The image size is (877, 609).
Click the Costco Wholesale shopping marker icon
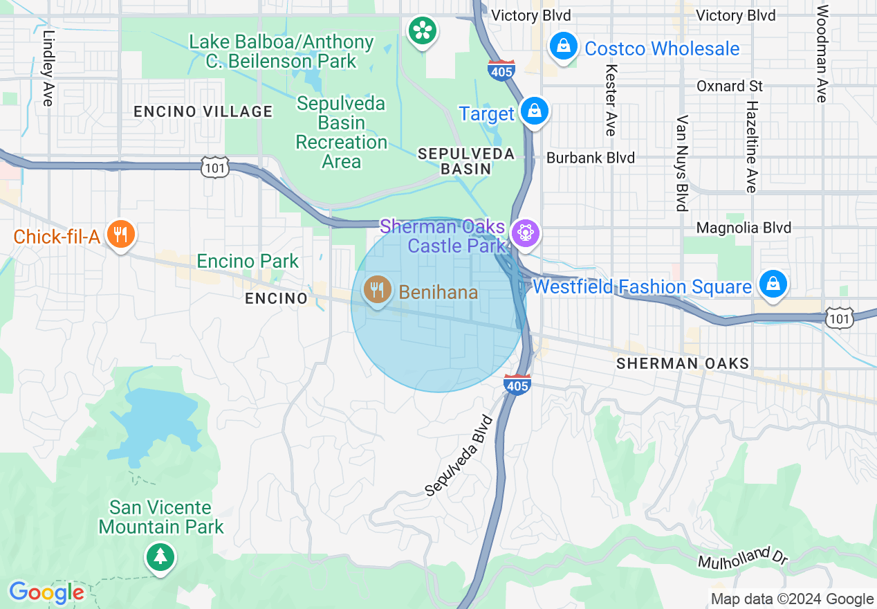tap(564, 47)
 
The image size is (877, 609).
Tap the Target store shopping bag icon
tap(535, 111)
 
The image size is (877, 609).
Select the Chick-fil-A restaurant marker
tap(120, 235)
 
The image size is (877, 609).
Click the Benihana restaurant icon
tap(377, 291)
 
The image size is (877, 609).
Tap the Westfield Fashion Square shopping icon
tap(772, 284)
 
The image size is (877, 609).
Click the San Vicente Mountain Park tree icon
tap(160, 556)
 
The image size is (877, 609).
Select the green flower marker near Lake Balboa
tap(421, 30)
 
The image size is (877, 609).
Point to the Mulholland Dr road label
tap(744, 557)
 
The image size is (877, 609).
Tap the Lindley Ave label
tap(48, 68)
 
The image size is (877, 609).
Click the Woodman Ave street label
tap(822, 54)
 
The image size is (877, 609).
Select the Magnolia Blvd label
tap(744, 228)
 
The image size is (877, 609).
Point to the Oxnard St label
tap(729, 86)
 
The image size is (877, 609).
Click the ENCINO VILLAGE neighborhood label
tap(203, 111)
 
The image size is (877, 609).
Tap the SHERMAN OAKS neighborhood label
tap(682, 363)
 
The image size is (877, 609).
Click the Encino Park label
tap(248, 261)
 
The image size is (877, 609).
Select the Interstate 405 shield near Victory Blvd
tap(501, 71)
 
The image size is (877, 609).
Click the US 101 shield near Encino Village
tap(215, 167)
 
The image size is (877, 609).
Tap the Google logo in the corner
tap(46, 592)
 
